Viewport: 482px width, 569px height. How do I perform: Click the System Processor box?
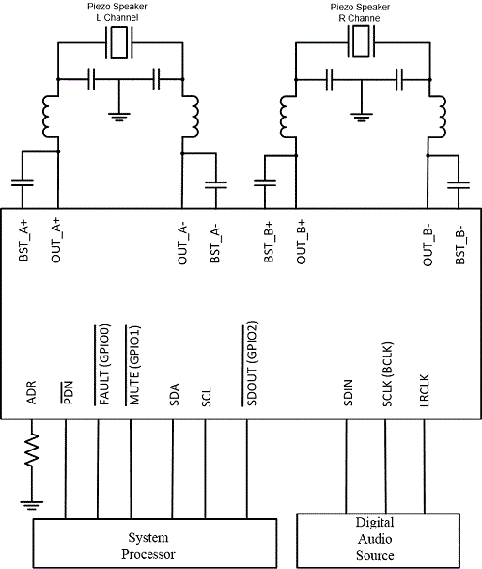[155, 544]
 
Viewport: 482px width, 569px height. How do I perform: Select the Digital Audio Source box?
[378, 541]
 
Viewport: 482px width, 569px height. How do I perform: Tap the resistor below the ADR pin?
[32, 449]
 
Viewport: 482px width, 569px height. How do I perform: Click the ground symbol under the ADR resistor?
[32, 505]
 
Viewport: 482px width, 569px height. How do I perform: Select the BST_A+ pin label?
[23, 240]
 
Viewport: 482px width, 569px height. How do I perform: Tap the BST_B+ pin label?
[269, 242]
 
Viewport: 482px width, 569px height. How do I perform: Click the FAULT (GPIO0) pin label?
[103, 365]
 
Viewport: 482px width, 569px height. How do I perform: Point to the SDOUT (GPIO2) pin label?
[251, 363]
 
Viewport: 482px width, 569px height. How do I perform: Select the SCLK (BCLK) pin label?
[387, 374]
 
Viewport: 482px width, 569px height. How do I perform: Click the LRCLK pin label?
[424, 390]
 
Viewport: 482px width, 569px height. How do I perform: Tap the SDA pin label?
[175, 394]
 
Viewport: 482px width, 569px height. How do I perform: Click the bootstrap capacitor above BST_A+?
[23, 182]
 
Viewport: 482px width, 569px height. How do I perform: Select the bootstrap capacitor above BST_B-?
[459, 185]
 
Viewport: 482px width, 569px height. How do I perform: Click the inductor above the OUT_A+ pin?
[50, 116]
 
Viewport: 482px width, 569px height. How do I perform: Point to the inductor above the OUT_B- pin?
[438, 117]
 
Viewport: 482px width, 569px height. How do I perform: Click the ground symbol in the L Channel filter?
[119, 118]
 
